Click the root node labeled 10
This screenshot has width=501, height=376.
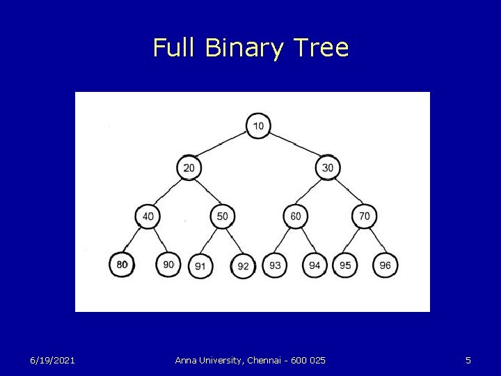pos(258,126)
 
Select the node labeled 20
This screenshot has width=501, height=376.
pos(189,168)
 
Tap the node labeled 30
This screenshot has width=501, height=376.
pos(328,168)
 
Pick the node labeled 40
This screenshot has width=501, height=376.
pos(148,217)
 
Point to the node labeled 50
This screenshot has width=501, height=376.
pos(222,217)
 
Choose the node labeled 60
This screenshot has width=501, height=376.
pos(296,217)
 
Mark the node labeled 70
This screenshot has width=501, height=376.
pos(365,217)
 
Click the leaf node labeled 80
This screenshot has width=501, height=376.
pos(122,265)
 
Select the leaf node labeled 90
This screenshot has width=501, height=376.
pos(168,265)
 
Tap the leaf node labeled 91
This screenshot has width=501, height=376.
pos(200,266)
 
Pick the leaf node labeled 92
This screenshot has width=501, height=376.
pos(243,266)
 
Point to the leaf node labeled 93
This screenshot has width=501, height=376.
pos(275,265)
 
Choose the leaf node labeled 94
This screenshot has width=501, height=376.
pos(315,265)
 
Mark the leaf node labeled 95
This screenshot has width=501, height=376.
pos(345,265)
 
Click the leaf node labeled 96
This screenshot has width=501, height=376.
pos(385,265)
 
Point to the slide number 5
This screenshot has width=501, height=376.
pos(468,360)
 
